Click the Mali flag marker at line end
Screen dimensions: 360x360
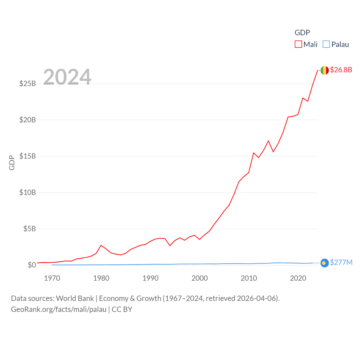coord(325,70)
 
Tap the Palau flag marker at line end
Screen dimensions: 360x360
coord(325,263)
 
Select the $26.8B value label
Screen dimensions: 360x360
coord(341,70)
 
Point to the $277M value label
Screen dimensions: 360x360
coord(341,262)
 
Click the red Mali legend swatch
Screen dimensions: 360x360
coord(298,44)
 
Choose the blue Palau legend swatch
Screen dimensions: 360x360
coord(326,44)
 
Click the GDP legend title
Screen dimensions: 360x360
coord(302,33)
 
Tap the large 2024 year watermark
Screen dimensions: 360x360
coord(67,77)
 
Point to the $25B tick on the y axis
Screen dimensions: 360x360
coord(28,84)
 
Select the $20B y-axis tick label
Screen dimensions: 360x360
coord(28,120)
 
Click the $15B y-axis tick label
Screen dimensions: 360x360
coord(28,156)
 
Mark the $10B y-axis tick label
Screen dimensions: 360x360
coord(28,192)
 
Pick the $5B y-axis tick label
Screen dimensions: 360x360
coord(30,229)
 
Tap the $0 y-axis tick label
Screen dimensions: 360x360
coord(32,265)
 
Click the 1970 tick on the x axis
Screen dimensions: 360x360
coord(52,278)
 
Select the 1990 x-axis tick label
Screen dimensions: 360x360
coord(150,278)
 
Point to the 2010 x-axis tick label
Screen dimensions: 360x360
coord(249,278)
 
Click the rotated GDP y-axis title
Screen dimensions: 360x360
coord(12,163)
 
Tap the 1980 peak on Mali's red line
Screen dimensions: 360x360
coord(101,245)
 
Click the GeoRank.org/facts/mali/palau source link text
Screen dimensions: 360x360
coord(58,309)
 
